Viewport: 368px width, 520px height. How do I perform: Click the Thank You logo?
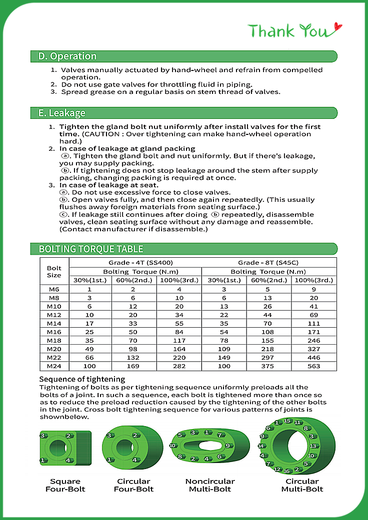point(295,30)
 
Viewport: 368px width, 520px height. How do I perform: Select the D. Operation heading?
point(67,56)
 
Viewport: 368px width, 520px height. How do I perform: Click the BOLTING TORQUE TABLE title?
point(91,249)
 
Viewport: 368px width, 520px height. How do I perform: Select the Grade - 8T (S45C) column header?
point(268,262)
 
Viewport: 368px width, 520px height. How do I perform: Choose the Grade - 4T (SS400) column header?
point(135,262)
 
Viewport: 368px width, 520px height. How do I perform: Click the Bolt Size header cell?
point(54,271)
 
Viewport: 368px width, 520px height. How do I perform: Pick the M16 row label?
point(54,332)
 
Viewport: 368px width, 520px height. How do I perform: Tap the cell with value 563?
point(314,366)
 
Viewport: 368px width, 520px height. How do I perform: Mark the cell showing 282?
point(179,366)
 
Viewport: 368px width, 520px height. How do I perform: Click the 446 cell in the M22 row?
point(314,358)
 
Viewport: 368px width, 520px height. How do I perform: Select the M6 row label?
point(54,289)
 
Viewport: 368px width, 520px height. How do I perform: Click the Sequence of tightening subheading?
point(82,379)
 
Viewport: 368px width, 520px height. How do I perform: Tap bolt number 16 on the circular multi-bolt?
point(286,471)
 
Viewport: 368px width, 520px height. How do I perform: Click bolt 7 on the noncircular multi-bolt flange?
point(220,434)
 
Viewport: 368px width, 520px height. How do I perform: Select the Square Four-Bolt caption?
point(65,485)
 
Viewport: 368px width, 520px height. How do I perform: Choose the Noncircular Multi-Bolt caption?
point(210,485)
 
